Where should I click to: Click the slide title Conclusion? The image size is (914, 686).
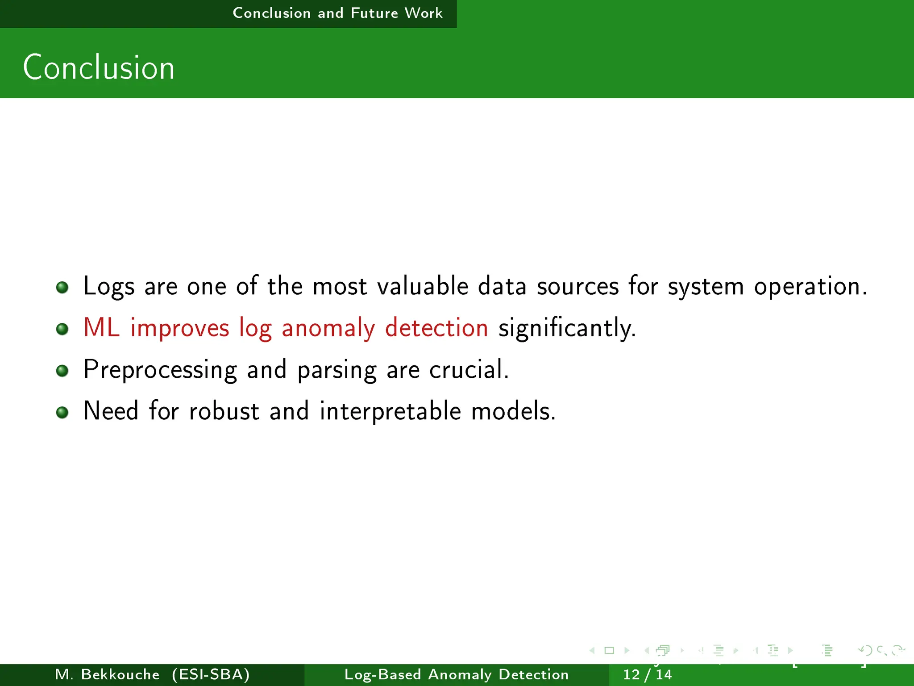99,68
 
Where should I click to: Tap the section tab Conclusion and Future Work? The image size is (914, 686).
337,13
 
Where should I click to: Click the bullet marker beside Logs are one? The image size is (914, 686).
62,287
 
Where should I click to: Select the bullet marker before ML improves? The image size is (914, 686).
62,329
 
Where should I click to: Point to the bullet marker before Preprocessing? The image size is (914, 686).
62,371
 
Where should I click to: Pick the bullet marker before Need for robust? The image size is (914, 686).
62,412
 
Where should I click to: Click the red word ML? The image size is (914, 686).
101,327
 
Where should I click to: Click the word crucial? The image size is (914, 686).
468,370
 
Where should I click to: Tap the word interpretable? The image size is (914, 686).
390,412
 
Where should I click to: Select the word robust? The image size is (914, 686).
224,411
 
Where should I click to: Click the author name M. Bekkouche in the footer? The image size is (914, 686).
107,674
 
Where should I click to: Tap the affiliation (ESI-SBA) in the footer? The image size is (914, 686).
211,674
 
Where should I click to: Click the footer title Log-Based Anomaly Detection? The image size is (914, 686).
456,674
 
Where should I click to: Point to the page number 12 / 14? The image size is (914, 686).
647,674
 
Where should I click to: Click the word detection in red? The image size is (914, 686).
436,328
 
